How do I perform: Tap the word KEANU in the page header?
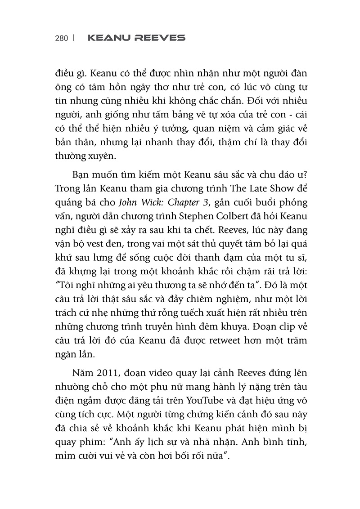[108, 39]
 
